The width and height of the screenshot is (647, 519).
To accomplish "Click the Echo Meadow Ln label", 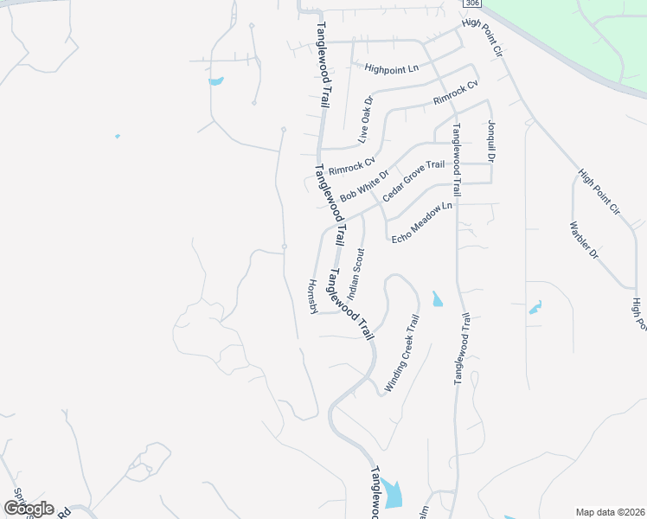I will pyautogui.click(x=422, y=222).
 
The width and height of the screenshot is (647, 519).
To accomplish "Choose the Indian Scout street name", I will pyautogui.click(x=357, y=273).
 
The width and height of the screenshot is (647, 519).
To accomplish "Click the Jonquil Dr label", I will pyautogui.click(x=491, y=141).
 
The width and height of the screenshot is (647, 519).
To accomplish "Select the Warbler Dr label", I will pyautogui.click(x=584, y=241).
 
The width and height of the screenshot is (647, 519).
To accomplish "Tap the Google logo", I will pyautogui.click(x=29, y=508).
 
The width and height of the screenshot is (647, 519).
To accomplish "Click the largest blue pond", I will pyautogui.click(x=394, y=494).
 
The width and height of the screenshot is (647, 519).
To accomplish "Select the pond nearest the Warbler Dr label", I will pyautogui.click(x=535, y=307).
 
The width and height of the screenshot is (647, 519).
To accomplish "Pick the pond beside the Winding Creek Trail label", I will pyautogui.click(x=437, y=299).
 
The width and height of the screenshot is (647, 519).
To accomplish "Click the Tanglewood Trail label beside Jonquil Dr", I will pyautogui.click(x=457, y=163).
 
